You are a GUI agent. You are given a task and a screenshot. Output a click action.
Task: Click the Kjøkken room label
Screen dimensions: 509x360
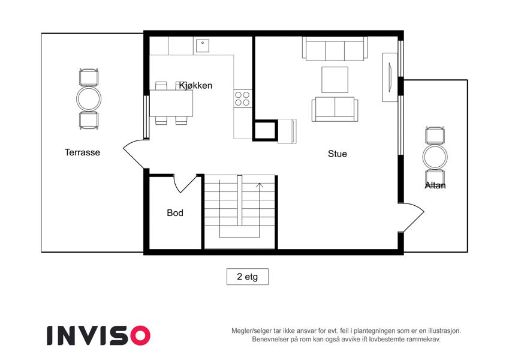point(195,85)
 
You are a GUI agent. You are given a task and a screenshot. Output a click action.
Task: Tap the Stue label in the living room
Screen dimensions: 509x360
point(338,154)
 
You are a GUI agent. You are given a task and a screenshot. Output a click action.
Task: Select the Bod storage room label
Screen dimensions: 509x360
point(175,213)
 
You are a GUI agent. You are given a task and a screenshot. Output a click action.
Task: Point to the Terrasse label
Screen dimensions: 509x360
point(82,152)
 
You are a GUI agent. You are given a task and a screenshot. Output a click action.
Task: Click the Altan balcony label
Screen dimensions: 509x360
point(435,185)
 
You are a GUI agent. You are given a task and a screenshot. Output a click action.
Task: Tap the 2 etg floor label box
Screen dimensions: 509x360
point(248,277)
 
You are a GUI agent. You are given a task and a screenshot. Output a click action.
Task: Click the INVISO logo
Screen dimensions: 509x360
point(98,335)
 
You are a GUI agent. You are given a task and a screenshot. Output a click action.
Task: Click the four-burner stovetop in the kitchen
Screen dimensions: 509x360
point(242,99)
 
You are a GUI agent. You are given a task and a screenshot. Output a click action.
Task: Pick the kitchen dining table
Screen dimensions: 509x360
point(171,103)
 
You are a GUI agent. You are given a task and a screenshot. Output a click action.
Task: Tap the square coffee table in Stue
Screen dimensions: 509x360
point(335,80)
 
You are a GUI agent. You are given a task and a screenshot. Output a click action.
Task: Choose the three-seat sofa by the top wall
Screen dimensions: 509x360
point(335,49)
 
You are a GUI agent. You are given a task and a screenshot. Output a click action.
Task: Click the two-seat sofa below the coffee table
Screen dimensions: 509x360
point(335,109)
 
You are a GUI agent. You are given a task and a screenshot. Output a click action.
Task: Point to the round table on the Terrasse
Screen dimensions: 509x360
point(89,99)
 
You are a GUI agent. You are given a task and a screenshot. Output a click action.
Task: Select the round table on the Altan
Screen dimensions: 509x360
point(435,157)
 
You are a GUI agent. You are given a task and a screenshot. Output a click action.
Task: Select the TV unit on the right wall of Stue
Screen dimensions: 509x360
point(390,77)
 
